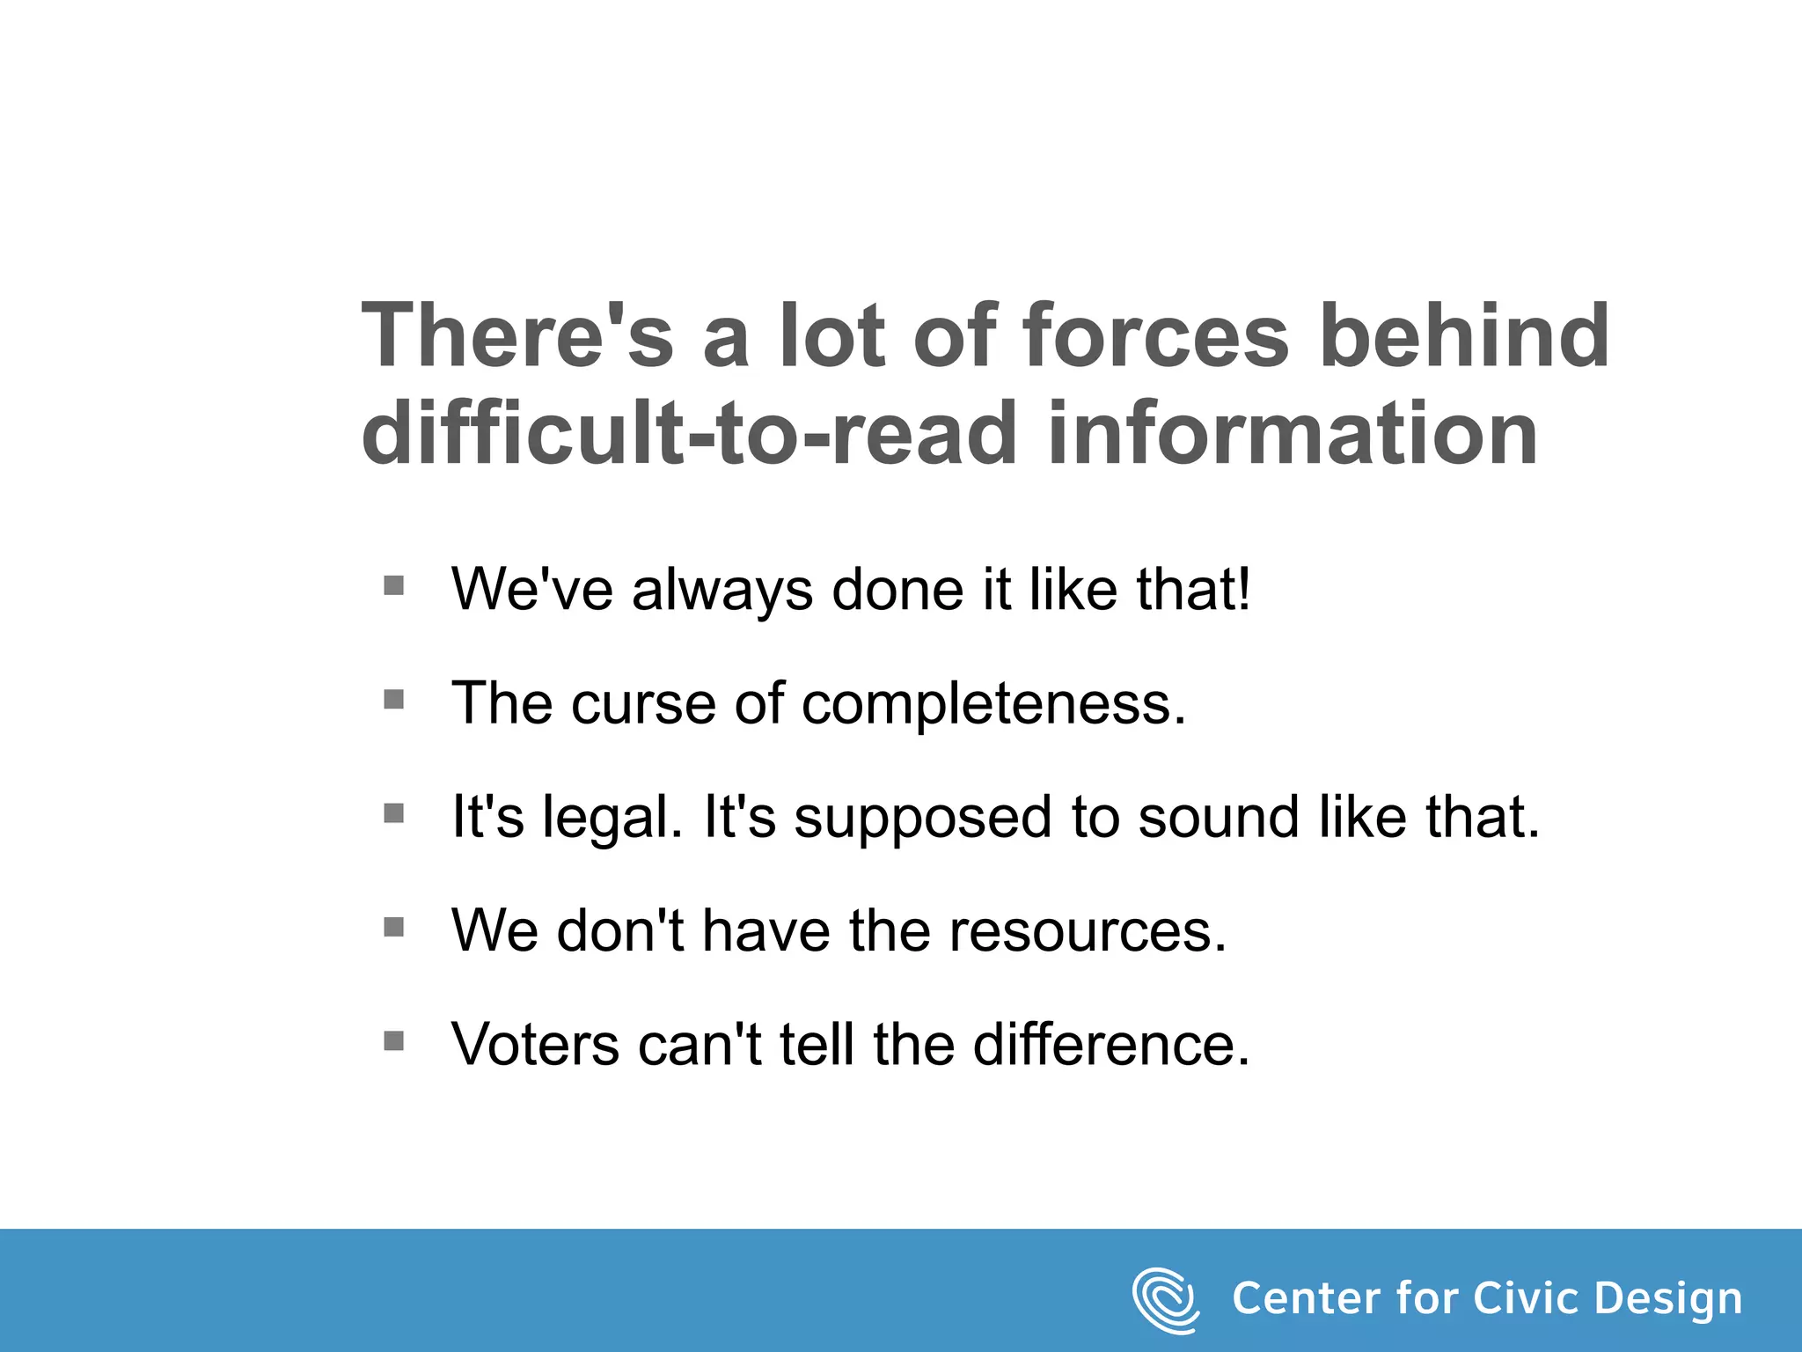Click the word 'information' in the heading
click(1293, 433)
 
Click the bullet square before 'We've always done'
click(394, 585)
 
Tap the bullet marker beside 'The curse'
click(394, 700)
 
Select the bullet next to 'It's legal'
click(394, 813)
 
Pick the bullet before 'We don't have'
click(394, 927)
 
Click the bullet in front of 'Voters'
click(394, 1041)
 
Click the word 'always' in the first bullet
click(722, 591)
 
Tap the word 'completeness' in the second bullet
click(993, 704)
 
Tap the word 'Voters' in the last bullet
click(536, 1046)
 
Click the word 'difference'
click(1110, 1046)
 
